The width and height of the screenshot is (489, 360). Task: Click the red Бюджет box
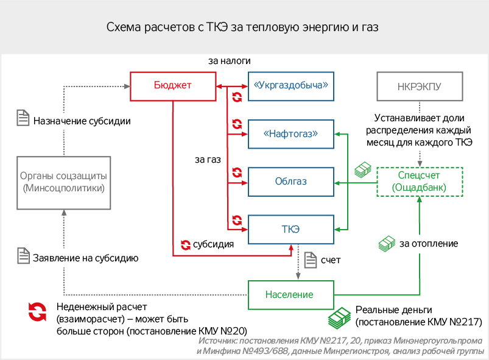point(173,85)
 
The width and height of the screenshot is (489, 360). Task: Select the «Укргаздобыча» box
point(291,86)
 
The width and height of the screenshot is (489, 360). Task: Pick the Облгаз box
point(291,182)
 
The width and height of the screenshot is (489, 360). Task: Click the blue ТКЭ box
point(291,228)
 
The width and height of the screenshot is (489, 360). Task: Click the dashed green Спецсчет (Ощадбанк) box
point(420,182)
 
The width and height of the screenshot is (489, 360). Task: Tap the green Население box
point(289,295)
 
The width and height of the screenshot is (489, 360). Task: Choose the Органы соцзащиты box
point(63,182)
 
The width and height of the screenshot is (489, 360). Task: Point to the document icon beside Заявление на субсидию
point(23,256)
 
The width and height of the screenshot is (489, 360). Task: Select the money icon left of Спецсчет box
point(363,170)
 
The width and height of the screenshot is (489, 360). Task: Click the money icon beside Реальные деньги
point(339,317)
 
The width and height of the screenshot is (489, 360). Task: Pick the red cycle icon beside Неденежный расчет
point(37,312)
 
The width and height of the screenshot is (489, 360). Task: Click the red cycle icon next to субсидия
point(185,245)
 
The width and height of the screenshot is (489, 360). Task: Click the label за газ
point(207,160)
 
